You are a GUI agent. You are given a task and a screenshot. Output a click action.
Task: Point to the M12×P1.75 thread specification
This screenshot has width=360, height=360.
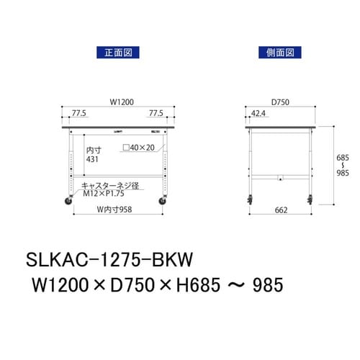(106, 193)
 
